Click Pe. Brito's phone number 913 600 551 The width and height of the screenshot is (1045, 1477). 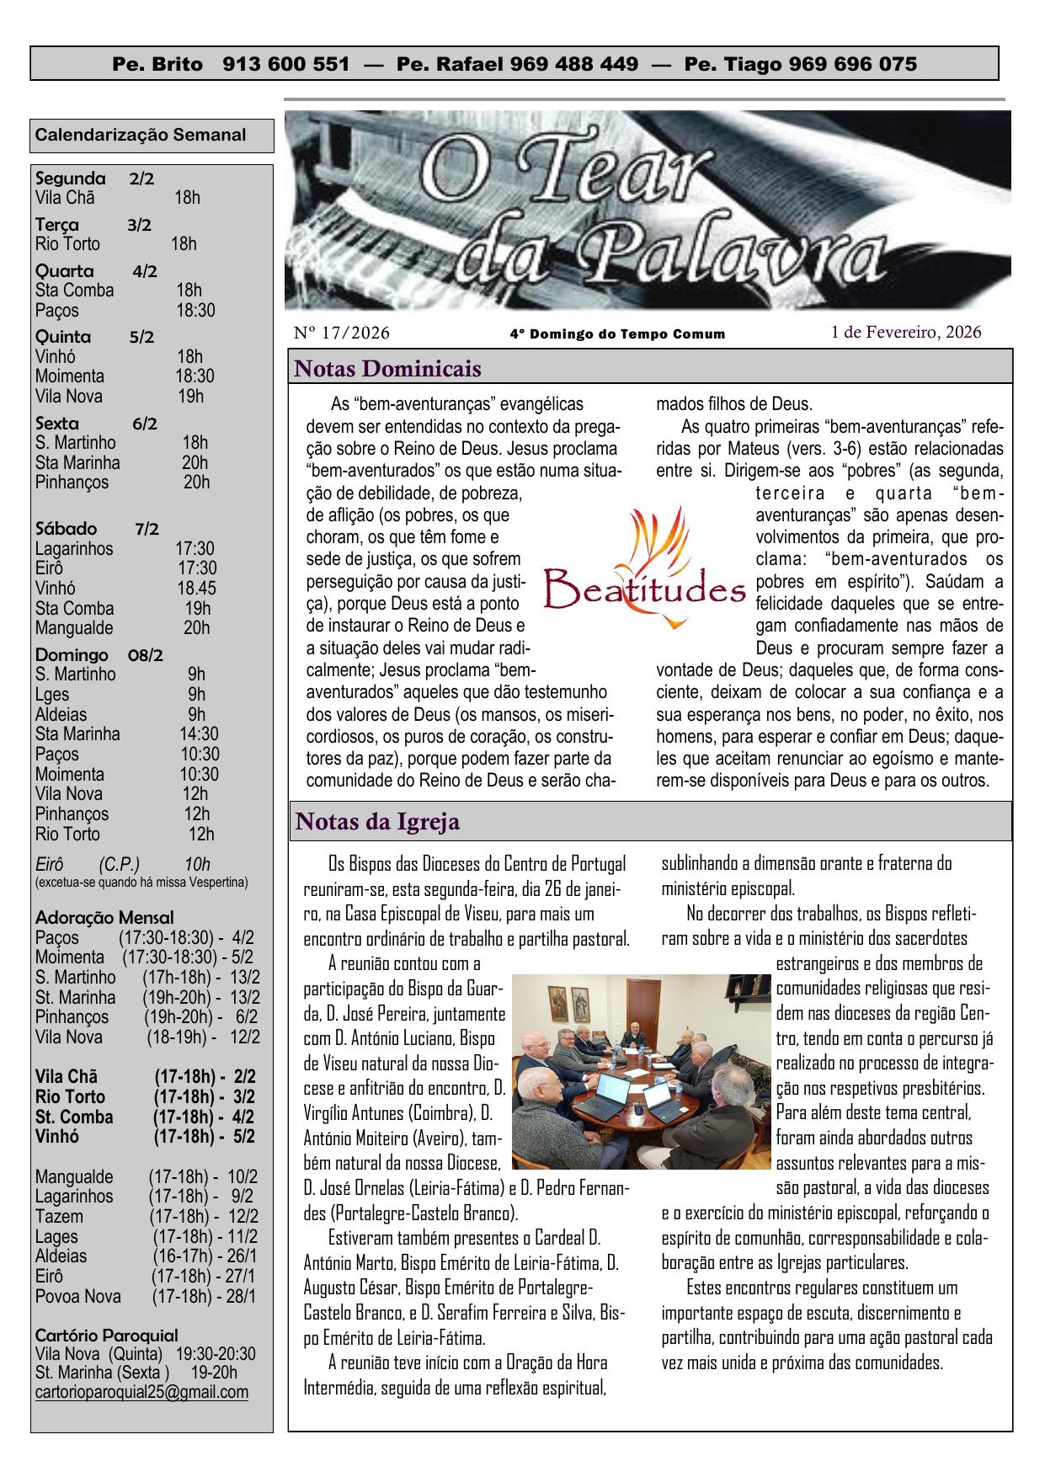point(286,64)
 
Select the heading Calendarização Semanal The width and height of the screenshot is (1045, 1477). point(141,135)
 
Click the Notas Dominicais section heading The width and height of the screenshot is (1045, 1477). point(388,369)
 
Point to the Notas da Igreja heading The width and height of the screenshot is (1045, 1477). point(378,821)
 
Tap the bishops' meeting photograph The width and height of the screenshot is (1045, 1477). point(642,1071)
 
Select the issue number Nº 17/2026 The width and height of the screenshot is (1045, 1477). point(342,333)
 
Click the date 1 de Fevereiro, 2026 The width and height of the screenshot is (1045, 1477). point(906,333)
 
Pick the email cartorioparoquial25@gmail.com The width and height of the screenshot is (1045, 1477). point(141,1392)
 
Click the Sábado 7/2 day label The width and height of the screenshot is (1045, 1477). point(97,529)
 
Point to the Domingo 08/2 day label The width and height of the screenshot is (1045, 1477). point(99,654)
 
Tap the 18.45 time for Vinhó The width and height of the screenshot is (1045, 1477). point(196,589)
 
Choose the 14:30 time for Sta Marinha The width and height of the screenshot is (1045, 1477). point(199,734)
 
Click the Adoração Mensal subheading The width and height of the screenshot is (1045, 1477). point(104,917)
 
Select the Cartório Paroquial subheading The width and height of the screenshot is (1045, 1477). point(106,1335)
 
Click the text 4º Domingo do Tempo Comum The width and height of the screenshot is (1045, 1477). point(617,334)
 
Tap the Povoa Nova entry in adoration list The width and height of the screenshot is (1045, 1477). point(78,1297)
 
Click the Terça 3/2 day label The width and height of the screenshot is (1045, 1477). point(93,225)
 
